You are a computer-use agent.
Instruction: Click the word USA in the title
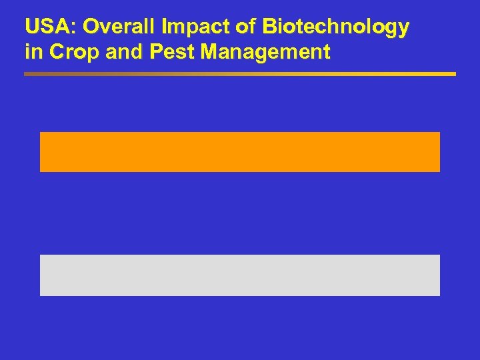[45, 27]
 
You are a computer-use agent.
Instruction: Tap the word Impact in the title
[188, 27]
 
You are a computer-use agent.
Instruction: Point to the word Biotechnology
[336, 27]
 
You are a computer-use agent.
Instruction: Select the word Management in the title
[266, 52]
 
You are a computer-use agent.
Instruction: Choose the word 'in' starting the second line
[31, 52]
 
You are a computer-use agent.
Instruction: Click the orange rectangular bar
[240, 151]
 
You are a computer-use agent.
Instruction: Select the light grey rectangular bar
[240, 275]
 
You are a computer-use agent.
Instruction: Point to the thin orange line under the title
[240, 74]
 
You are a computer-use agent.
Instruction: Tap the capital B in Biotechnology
[269, 27]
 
